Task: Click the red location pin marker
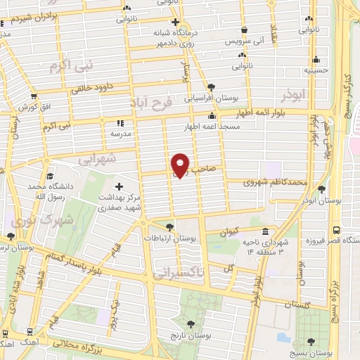[x=181, y=165]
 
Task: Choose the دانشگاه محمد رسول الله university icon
[x=49, y=176]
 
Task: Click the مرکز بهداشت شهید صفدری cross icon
[x=117, y=186]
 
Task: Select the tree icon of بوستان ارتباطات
[x=169, y=226]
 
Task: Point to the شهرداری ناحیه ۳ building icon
[x=265, y=231]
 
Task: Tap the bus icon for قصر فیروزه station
[x=336, y=229]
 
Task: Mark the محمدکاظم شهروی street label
[x=275, y=182]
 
